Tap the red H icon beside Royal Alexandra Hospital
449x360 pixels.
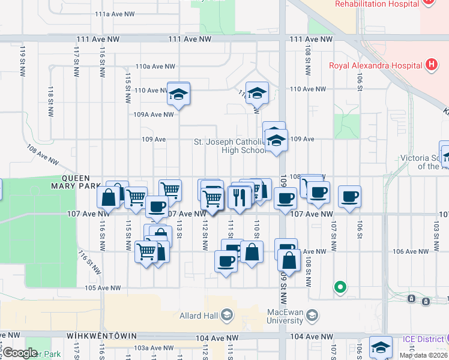(430, 64)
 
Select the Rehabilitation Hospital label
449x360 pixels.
(376, 4)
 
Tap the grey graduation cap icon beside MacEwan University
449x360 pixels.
(312, 314)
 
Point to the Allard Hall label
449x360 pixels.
(199, 315)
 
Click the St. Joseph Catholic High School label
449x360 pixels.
(230, 146)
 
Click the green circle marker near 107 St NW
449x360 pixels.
(340, 287)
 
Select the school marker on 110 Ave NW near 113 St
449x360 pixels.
(178, 94)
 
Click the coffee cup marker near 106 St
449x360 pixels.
(349, 196)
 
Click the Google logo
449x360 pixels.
(20, 353)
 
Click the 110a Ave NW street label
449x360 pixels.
(155, 67)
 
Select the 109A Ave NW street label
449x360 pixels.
(153, 114)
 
